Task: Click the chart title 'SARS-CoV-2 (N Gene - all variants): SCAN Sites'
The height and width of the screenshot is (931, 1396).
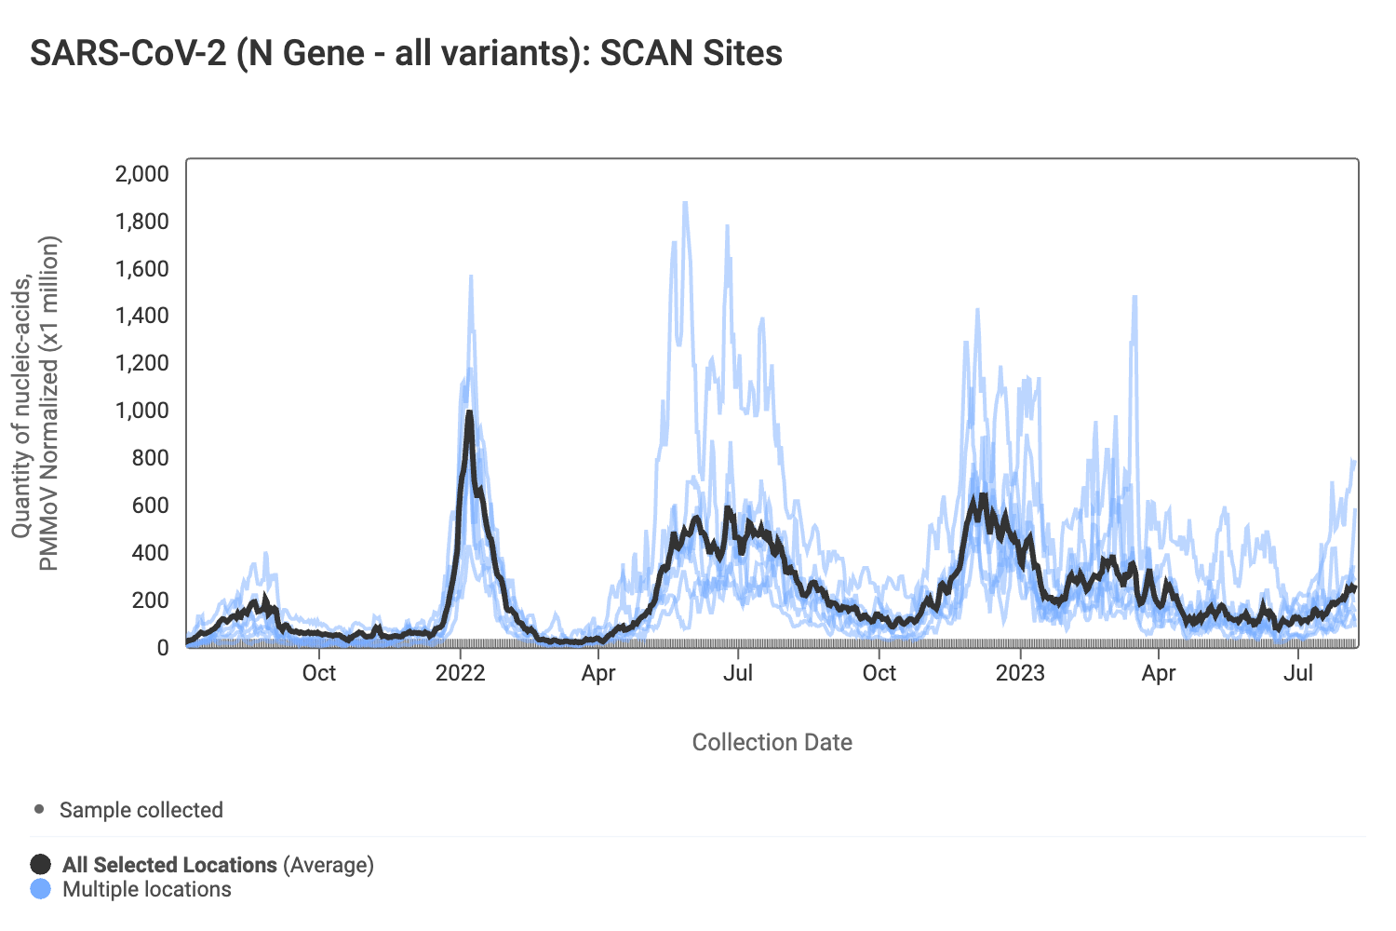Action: [406, 53]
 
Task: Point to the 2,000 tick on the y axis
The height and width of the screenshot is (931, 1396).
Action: [141, 174]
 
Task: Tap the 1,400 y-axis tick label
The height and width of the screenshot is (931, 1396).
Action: [141, 316]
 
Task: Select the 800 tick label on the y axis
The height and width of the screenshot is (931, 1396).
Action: [150, 458]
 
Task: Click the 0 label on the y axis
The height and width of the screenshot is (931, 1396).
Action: [163, 648]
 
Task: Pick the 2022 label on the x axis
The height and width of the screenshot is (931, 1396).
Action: [461, 673]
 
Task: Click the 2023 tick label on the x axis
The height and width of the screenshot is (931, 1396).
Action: [1020, 673]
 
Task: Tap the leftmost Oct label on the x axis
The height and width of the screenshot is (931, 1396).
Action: [319, 673]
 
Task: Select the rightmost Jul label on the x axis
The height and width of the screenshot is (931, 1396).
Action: [1298, 673]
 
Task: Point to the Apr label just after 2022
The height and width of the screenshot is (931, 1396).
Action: [598, 673]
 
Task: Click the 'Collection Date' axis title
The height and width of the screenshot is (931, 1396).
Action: [772, 742]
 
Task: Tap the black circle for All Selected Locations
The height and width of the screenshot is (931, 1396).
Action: [41, 864]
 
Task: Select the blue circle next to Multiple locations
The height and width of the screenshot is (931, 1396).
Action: [41, 889]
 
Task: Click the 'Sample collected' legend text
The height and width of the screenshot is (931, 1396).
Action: [141, 810]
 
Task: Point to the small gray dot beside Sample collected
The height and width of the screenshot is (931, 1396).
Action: [39, 809]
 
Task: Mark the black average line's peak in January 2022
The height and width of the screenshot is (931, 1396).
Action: [469, 412]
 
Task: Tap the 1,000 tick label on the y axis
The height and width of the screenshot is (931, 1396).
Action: [141, 411]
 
